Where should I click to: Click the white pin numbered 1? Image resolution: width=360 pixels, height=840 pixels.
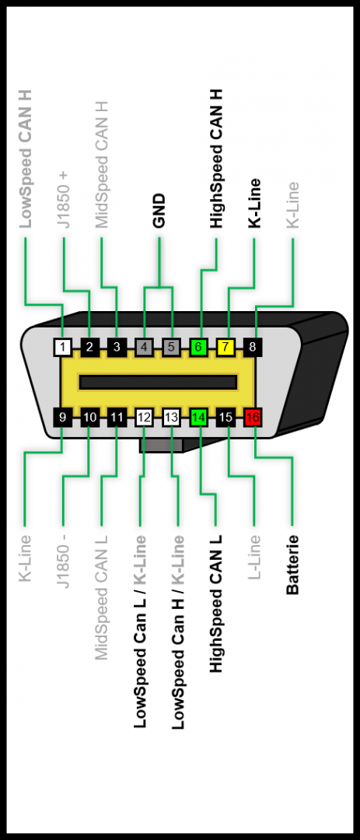pos(63,347)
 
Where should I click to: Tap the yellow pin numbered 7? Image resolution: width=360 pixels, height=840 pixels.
pos(225,347)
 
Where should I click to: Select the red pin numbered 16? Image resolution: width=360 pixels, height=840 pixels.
pos(253,418)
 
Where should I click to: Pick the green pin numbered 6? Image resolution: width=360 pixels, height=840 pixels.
pos(198,347)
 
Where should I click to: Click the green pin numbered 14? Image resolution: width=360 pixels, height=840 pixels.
pos(198,418)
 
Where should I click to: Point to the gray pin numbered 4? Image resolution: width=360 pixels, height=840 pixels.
pos(144,347)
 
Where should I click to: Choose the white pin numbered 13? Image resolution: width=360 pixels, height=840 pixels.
pos(171,418)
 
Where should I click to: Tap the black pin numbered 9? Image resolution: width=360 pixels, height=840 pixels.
pos(63,418)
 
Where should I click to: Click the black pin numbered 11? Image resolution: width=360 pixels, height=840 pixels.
pos(117,418)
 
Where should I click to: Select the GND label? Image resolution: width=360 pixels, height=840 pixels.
pos(159,211)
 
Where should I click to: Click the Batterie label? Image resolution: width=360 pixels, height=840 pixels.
pos(292,565)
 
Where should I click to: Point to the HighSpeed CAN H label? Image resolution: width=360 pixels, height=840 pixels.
pos(216,159)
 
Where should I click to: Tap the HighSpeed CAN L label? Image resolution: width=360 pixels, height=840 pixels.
pos(216,604)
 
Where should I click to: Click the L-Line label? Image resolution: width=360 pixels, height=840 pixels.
pos(254,557)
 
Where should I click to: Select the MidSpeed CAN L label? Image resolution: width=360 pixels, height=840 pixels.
pos(102,597)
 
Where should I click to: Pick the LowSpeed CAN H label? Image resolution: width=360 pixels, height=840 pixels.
pos(25,159)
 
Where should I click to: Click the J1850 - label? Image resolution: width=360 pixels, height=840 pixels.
pos(63,561)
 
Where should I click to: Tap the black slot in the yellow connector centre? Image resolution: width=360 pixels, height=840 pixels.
pos(158,382)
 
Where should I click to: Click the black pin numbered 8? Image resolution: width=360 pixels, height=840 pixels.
pos(253,347)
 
